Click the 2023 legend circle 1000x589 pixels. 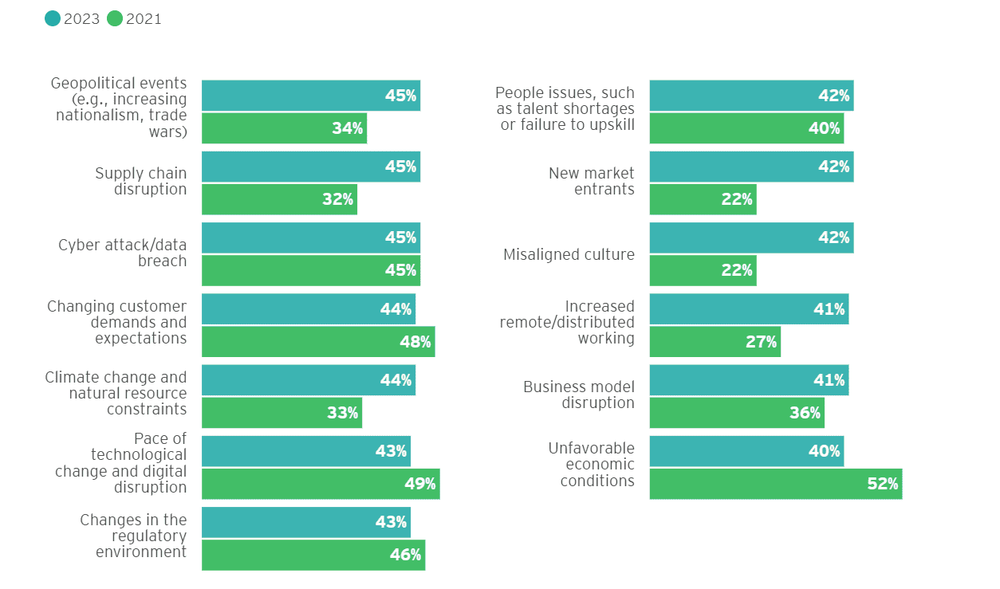click(53, 18)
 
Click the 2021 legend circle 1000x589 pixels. click(115, 18)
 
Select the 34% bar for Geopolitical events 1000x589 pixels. click(284, 128)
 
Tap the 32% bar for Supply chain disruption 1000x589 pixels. click(279, 199)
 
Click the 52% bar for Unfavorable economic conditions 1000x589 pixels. click(775, 484)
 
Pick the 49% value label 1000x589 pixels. click(419, 484)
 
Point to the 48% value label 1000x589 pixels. click(415, 342)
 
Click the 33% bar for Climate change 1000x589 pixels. click(281, 413)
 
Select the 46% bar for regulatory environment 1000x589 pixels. click(313, 555)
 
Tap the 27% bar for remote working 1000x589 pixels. click(715, 342)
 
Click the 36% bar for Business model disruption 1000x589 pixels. click(737, 413)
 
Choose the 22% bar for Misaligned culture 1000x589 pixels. click(703, 271)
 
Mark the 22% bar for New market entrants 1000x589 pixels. click(703, 199)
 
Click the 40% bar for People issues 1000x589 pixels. click(746, 128)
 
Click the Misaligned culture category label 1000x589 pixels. click(569, 255)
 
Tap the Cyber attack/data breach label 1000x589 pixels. click(123, 253)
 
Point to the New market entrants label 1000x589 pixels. click(591, 182)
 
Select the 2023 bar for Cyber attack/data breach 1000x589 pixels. click(310, 238)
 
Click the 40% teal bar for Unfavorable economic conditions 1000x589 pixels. click(746, 451)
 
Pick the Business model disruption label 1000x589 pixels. click(579, 395)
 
